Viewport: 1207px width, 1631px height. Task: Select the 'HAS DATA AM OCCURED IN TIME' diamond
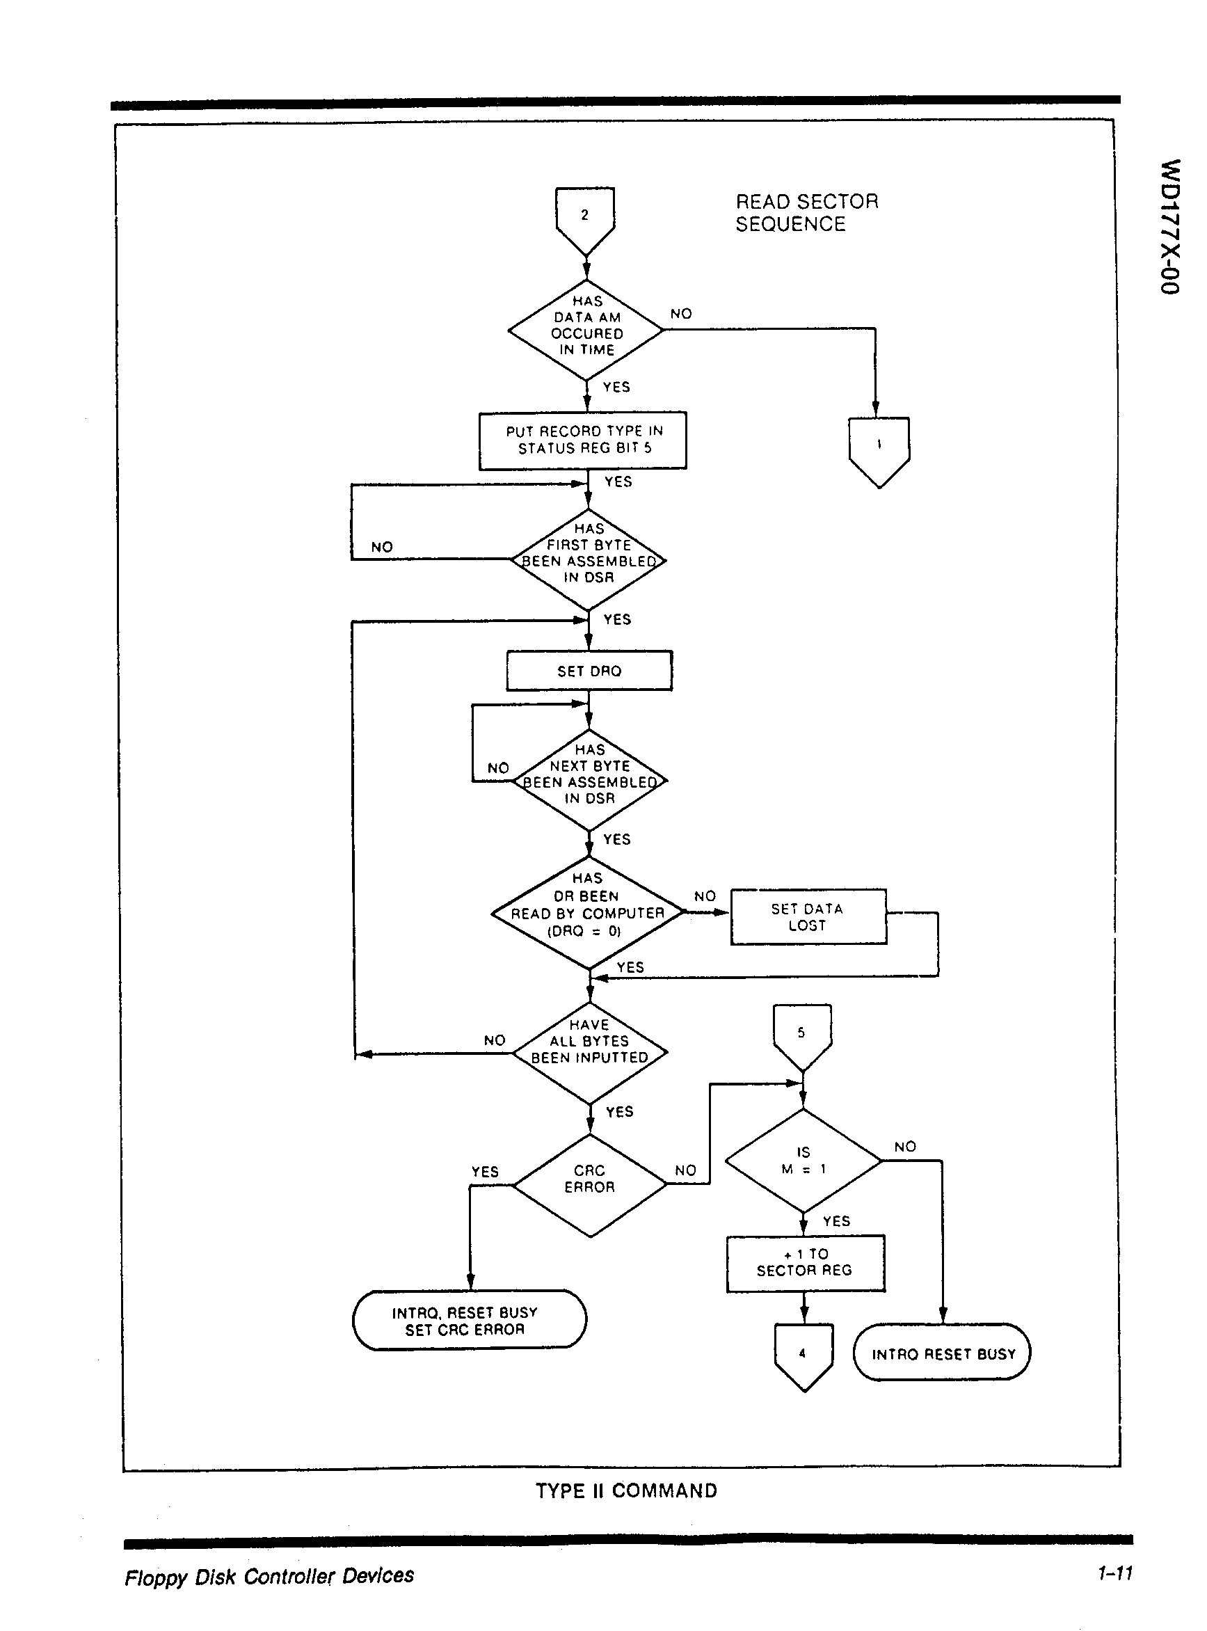click(586, 330)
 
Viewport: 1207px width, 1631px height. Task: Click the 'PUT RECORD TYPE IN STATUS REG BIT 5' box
click(583, 440)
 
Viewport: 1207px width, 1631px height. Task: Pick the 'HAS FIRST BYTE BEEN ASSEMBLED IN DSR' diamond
click(589, 559)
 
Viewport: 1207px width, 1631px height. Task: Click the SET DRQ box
click(589, 671)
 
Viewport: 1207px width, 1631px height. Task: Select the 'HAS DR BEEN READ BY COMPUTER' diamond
click(588, 912)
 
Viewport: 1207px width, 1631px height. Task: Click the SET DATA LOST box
click(808, 916)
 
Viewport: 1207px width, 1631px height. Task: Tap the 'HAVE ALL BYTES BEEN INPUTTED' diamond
click(590, 1053)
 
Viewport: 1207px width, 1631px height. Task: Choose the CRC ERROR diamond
click(590, 1184)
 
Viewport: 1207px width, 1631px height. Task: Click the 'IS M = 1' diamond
click(803, 1161)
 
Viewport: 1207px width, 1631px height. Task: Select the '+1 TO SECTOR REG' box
click(805, 1263)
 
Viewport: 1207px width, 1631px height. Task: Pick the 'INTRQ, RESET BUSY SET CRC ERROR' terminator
click(469, 1321)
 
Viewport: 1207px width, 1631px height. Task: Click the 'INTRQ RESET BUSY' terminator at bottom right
click(942, 1353)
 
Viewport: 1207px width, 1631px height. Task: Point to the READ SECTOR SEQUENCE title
click(806, 213)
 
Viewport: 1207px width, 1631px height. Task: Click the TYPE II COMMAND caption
click(626, 1490)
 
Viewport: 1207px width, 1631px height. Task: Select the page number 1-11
click(1114, 1573)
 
